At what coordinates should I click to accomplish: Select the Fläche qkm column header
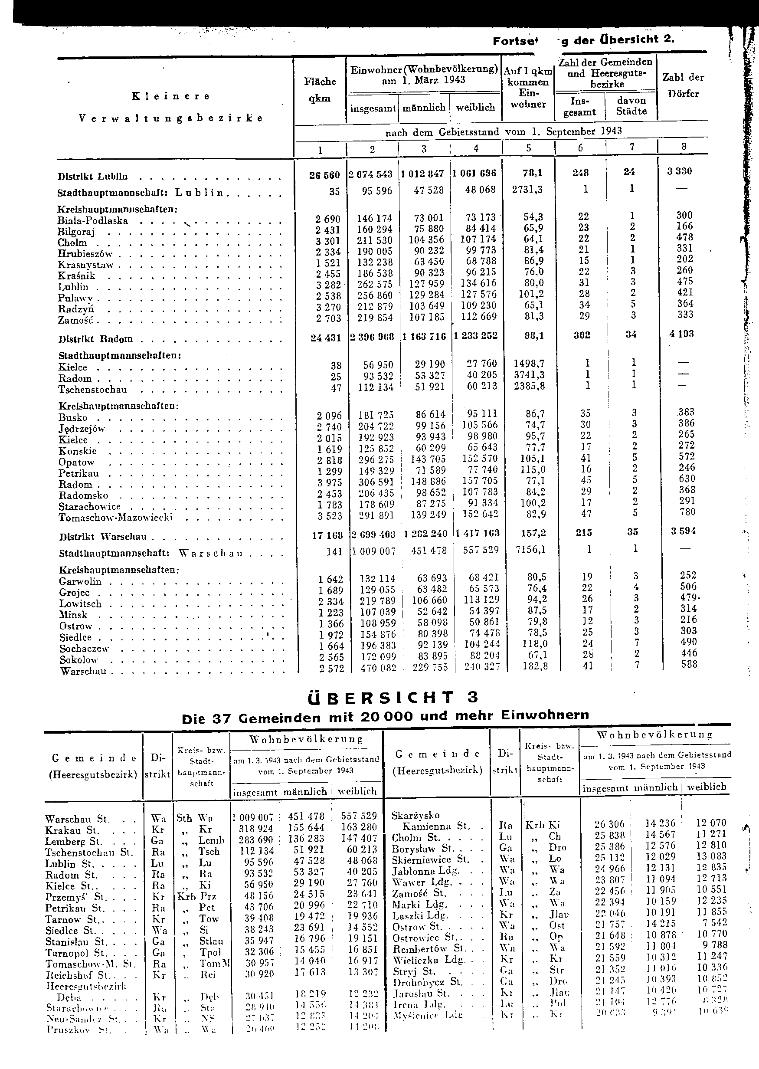click(320, 90)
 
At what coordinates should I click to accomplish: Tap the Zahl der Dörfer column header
click(683, 85)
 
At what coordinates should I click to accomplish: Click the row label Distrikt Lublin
click(92, 177)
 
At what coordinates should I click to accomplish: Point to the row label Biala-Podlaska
click(92, 221)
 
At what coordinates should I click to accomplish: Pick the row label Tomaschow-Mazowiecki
click(116, 518)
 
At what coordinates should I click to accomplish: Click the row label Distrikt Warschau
click(103, 537)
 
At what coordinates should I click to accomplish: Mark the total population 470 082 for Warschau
click(378, 669)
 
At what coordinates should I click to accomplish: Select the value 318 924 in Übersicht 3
click(256, 828)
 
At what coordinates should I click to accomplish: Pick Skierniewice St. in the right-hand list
click(430, 859)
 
